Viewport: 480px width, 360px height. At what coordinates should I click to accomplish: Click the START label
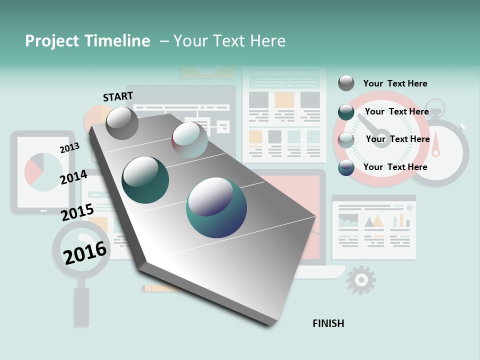[x=118, y=96]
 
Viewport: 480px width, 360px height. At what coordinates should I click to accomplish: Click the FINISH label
[x=328, y=323]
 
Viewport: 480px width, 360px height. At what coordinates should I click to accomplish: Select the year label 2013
[x=69, y=148]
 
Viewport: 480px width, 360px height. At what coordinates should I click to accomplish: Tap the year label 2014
[x=73, y=177]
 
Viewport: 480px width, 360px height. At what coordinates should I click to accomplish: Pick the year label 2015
[x=77, y=212]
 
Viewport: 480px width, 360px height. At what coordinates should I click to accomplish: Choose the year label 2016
[x=85, y=252]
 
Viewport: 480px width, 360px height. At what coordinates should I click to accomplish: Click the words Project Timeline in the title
[x=87, y=41]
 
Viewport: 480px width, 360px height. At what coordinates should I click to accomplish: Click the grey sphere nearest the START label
[x=122, y=123]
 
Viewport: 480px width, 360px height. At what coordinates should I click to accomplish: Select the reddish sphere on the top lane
[x=189, y=140]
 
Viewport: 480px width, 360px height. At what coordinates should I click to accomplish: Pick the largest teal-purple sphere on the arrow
[x=216, y=207]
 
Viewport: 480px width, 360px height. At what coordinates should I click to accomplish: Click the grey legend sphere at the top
[x=346, y=83]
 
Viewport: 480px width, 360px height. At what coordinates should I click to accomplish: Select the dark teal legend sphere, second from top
[x=346, y=112]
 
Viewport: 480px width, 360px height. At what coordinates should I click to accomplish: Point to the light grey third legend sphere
[x=346, y=140]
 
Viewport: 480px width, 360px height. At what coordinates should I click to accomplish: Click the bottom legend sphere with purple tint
[x=346, y=167]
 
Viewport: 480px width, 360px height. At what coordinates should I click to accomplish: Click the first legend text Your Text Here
[x=395, y=83]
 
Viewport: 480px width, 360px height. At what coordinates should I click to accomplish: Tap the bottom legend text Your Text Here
[x=395, y=167]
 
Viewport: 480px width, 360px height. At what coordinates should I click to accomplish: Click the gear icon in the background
[x=360, y=280]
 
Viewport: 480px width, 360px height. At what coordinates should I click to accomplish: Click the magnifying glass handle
[x=81, y=306]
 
